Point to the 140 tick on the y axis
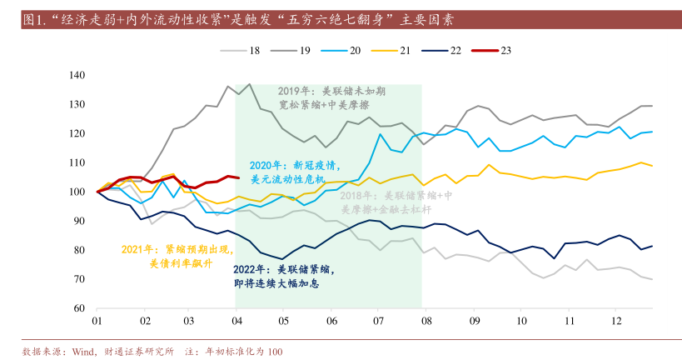tap(77, 75)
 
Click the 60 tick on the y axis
tap(80, 308)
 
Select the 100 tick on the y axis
tap(77, 192)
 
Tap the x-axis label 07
tap(379, 321)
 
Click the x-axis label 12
tap(616, 321)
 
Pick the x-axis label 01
tap(97, 321)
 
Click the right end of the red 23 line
tap(239, 177)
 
